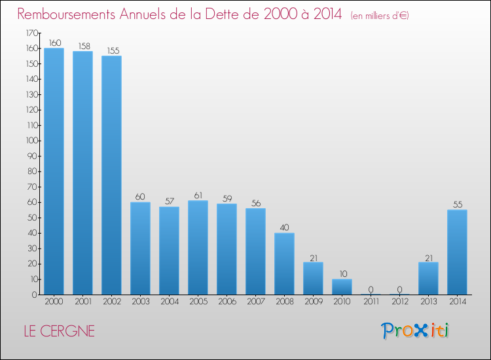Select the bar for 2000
(54, 171)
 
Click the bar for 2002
(111, 175)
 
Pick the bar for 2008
(284, 264)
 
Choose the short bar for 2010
(342, 287)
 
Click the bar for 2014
(457, 252)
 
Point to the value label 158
(82, 46)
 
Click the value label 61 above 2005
(198, 195)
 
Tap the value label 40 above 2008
(284, 228)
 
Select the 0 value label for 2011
(371, 289)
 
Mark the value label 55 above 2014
(457, 204)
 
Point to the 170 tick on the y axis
(31, 33)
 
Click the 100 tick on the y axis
(31, 141)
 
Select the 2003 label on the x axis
(140, 302)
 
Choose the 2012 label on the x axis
(399, 302)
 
